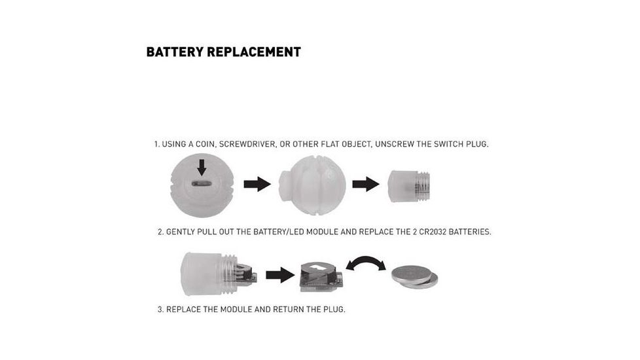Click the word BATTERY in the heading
(175, 52)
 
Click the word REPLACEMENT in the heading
(254, 52)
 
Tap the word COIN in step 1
(205, 144)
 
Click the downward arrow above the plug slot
(202, 168)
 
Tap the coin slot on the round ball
(202, 184)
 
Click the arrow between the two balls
(257, 184)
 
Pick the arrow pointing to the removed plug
(366, 184)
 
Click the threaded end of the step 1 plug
(423, 187)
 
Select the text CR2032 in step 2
(433, 232)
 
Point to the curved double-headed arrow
(366, 259)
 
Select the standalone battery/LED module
(321, 277)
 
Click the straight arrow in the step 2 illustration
(280, 275)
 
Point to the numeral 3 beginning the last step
(160, 310)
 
